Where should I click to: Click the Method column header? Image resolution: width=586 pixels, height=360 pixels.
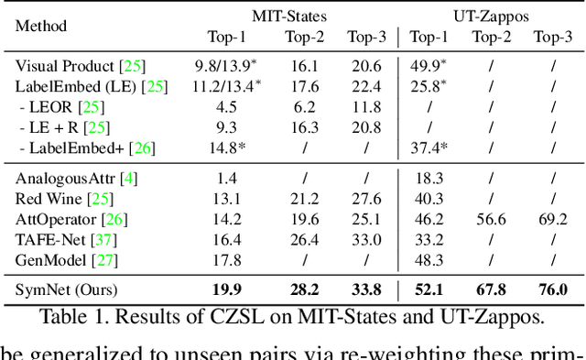[41, 27]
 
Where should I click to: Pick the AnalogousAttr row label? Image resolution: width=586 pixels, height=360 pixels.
[76, 178]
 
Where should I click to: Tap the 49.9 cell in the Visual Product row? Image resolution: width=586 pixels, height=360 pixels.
[429, 67]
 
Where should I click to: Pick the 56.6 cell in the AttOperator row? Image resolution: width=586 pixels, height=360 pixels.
[491, 219]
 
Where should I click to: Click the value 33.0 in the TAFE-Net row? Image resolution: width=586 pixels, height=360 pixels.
[366, 239]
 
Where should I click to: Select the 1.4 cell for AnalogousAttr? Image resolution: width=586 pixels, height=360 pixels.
[227, 178]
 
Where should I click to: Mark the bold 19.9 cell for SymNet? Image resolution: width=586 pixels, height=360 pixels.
[227, 289]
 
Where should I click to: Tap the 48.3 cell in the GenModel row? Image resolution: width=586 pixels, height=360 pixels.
[429, 259]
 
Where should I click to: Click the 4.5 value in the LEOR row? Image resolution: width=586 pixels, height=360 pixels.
[227, 107]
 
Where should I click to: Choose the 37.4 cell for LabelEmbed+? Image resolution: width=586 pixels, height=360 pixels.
[429, 147]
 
